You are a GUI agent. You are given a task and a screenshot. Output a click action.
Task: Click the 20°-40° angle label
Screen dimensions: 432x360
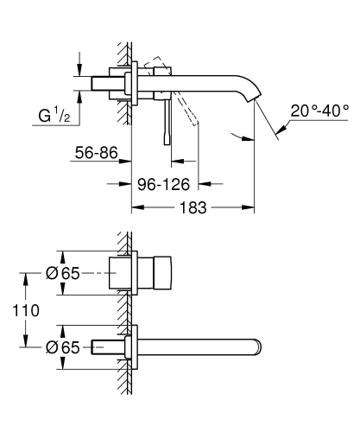pyautogui.click(x=319, y=112)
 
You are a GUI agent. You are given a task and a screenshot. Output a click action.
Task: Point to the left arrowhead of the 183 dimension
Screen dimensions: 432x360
pyautogui.click(x=135, y=208)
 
